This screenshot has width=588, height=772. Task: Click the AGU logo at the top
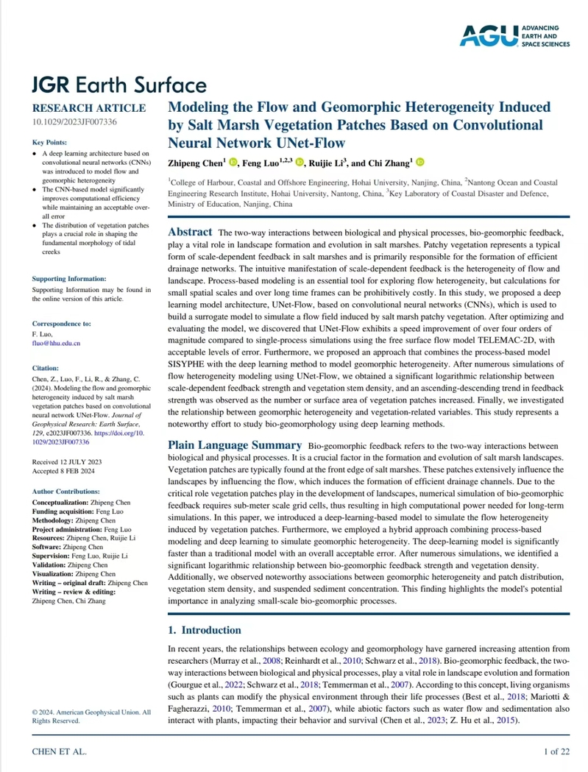pos(515,35)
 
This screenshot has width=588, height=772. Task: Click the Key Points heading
pos(50,142)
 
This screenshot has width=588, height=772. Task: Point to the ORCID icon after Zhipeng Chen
pos(233,163)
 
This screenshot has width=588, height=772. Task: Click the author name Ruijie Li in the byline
pos(325,163)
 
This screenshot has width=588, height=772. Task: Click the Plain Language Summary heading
pos(234,445)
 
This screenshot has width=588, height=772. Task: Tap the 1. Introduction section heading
pos(204,630)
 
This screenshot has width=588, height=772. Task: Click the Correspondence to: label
pos(62,323)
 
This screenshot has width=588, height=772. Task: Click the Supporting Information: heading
pos(69,279)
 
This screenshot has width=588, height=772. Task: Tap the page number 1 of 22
pos(556,751)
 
